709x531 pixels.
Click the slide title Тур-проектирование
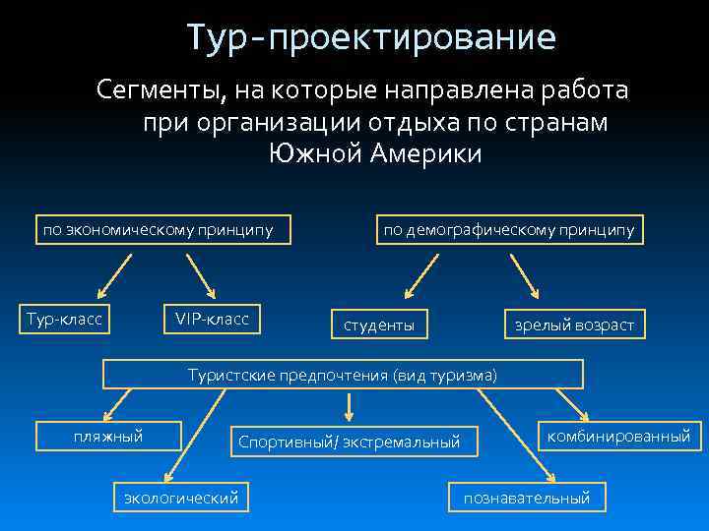(x=372, y=38)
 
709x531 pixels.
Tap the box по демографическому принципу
(x=508, y=230)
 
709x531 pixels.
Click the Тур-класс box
(x=64, y=318)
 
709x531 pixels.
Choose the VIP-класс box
(x=212, y=318)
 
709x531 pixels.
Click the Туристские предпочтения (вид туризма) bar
(x=343, y=375)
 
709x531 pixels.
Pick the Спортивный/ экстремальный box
(x=349, y=442)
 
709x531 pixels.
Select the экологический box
(x=180, y=498)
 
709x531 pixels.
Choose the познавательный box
(x=527, y=498)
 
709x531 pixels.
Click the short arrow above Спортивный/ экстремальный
(x=348, y=406)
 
